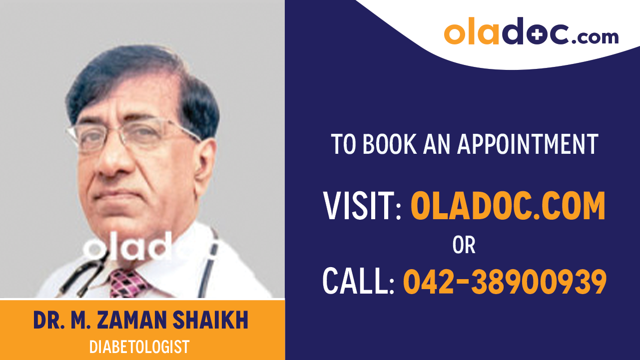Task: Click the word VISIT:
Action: coord(362,206)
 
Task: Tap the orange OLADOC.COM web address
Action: coord(508,206)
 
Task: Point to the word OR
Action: coord(464,245)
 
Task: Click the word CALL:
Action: coord(358,281)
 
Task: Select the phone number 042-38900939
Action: coord(505,281)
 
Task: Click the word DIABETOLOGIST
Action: coord(139,346)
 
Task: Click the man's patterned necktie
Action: coord(128,283)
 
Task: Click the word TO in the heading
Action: coord(344,144)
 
